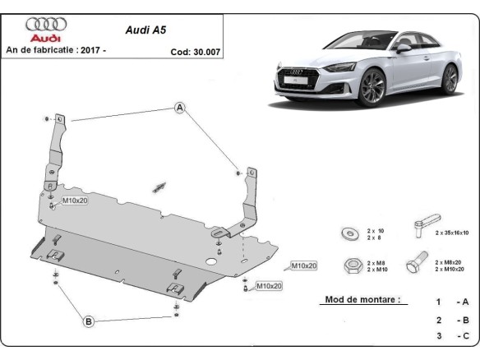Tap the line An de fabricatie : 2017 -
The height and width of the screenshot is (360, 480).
coord(57,50)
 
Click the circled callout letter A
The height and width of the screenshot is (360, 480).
coord(180,108)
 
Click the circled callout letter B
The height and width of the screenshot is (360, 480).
coord(89,321)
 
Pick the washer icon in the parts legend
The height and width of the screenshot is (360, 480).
coord(348,233)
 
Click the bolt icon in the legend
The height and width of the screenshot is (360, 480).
coord(416,263)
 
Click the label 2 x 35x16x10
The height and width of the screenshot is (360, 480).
coord(450,233)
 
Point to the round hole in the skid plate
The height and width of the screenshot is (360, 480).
coord(211,262)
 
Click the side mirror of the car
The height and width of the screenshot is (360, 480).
coord(403,48)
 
